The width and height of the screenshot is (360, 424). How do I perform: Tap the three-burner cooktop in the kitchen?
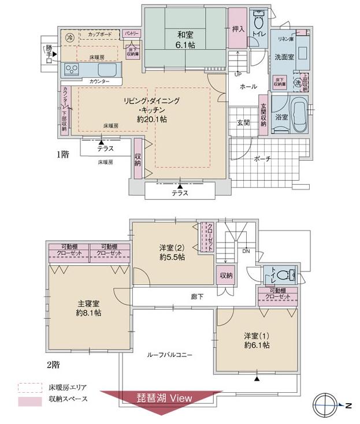pyautogui.click(x=73, y=70)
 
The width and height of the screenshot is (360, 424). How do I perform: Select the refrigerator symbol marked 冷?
pyautogui.click(x=69, y=37)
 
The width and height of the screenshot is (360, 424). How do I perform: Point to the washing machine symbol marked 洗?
pyautogui.click(x=298, y=83)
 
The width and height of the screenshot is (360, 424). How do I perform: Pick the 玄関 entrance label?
pyautogui.click(x=243, y=122)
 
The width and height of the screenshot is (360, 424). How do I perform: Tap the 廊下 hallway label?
pyautogui.click(x=197, y=297)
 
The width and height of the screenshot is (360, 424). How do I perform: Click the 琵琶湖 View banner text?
pyautogui.click(x=164, y=399)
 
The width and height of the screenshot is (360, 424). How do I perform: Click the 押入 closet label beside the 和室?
pyautogui.click(x=236, y=28)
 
